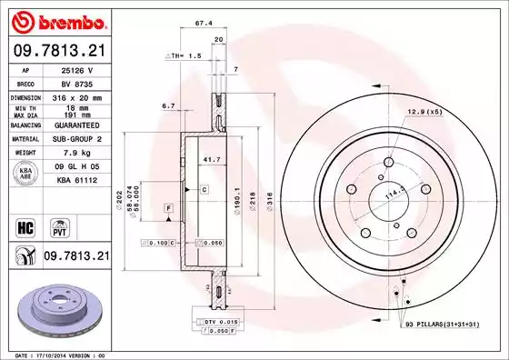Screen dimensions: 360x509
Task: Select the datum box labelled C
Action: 205,189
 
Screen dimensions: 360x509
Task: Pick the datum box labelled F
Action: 168,209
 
